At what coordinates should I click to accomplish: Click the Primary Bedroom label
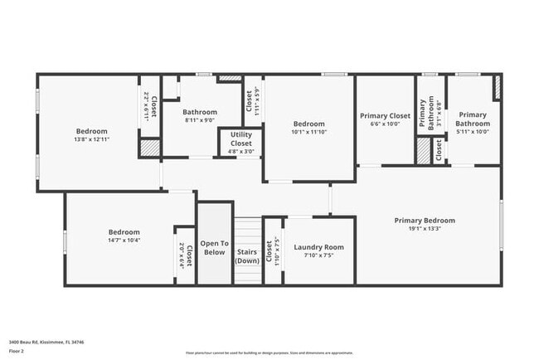[x=425, y=220]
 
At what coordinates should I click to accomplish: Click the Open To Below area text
[x=213, y=247]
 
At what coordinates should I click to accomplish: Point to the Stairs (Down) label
[x=247, y=255]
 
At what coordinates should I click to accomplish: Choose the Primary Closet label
[x=385, y=116]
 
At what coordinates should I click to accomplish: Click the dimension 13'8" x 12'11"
[x=92, y=139]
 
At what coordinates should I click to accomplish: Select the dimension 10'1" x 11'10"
[x=309, y=132]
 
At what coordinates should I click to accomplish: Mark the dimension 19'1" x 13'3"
[x=425, y=229]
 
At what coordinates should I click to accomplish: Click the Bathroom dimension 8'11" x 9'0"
[x=200, y=120]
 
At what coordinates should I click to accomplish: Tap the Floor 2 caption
[x=17, y=350]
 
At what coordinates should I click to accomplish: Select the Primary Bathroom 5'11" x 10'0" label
[x=473, y=131]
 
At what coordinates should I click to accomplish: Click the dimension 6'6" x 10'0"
[x=385, y=124]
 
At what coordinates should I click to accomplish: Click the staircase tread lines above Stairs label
[x=247, y=228]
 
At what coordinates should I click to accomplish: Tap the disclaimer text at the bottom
[x=269, y=353]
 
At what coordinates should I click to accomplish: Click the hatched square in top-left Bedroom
[x=148, y=148]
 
